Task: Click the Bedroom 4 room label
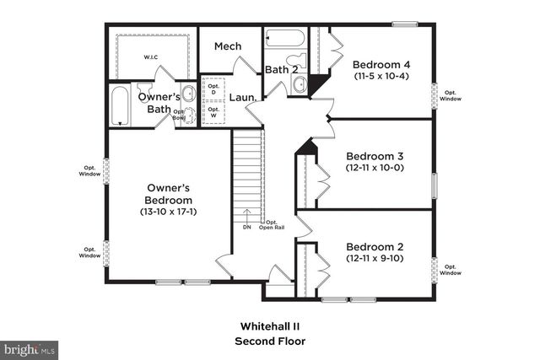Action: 382,65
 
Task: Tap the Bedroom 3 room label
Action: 375,156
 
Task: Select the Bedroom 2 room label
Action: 375,247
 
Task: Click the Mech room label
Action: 228,46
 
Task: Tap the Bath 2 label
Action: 281,69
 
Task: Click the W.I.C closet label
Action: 149,57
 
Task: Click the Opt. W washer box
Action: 213,110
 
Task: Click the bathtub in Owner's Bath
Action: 121,106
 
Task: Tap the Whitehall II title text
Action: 270,325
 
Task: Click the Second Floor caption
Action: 270,341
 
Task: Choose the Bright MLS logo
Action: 30,347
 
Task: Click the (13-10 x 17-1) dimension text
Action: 169,212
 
